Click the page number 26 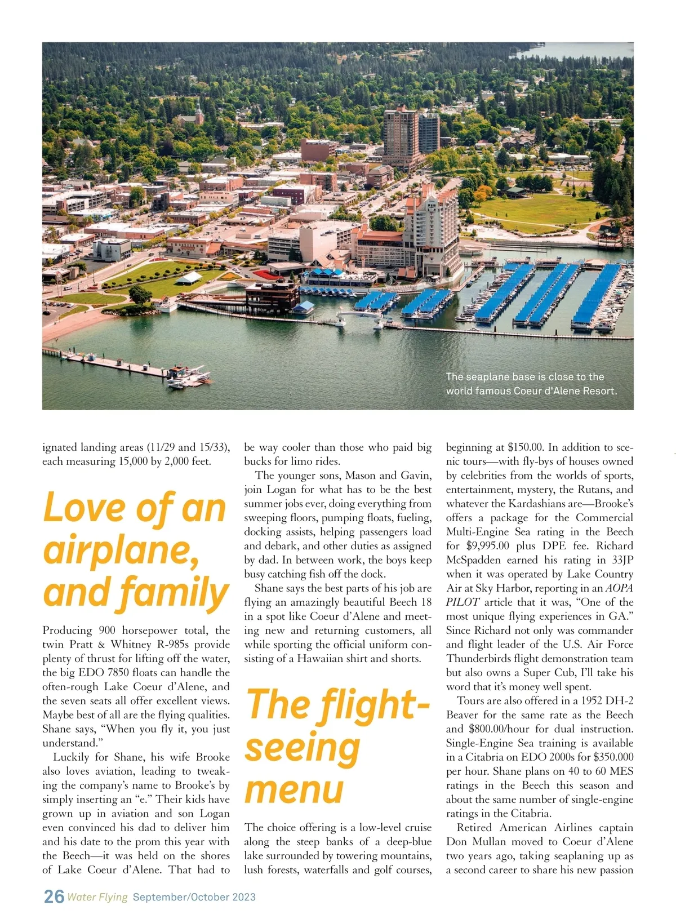tap(54, 896)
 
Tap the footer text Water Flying tap(97, 897)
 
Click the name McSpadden tap(474, 560)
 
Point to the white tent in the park tap(189, 277)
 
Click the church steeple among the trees tap(198, 110)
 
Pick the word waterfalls tap(325, 870)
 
